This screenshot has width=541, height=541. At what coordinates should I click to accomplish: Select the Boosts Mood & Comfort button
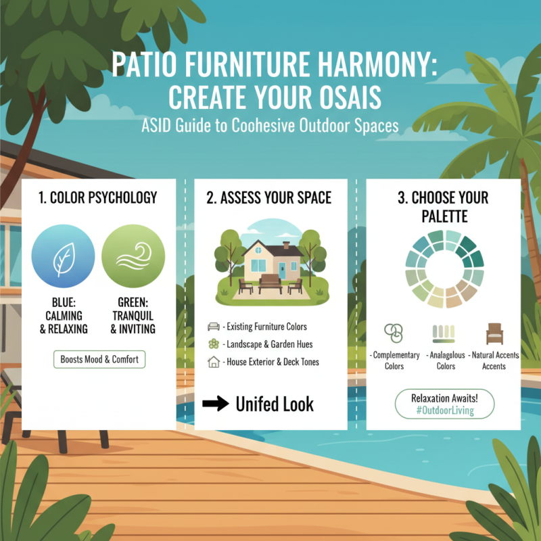click(99, 360)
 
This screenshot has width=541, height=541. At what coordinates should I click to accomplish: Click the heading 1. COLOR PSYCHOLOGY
click(98, 197)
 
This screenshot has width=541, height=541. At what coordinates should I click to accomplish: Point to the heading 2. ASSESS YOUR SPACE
click(269, 197)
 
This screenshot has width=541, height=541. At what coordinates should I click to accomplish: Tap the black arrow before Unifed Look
click(216, 404)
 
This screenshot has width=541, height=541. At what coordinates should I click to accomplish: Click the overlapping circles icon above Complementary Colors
click(393, 333)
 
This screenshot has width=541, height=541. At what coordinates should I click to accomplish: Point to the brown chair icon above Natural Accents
click(494, 333)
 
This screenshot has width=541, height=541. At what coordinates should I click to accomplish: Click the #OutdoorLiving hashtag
click(444, 410)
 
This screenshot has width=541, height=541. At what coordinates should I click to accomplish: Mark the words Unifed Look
click(275, 404)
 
